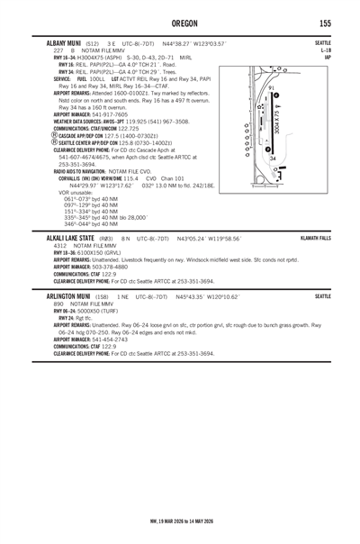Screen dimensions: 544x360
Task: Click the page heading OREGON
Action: pos(179,21)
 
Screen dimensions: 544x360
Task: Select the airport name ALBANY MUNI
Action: pos(56,42)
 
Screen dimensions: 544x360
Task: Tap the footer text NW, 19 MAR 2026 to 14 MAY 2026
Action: pos(179,520)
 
